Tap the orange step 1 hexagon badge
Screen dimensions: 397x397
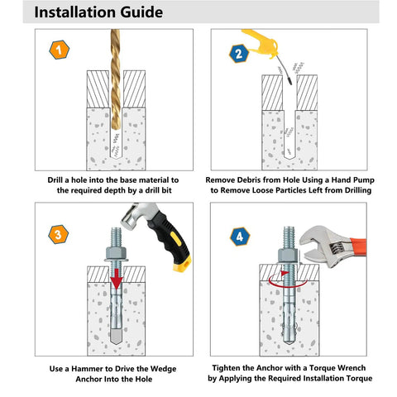click(x=56, y=51)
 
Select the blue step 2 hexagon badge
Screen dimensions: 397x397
click(x=238, y=55)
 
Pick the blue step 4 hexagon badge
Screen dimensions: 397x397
click(x=238, y=237)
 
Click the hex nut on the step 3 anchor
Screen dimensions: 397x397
click(x=117, y=250)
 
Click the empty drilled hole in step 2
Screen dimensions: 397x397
click(x=289, y=124)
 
